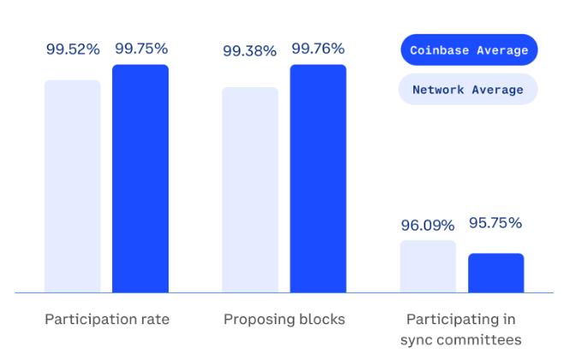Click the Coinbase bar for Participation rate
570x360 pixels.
[x=140, y=179]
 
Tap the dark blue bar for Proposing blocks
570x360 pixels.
[x=318, y=179]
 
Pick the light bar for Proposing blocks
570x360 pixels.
[x=250, y=190]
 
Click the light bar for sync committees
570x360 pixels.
[x=428, y=266]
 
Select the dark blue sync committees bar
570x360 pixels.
[x=496, y=273]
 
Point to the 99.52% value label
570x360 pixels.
[x=73, y=49]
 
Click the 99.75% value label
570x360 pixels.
[x=141, y=49]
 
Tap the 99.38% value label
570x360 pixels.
[x=250, y=51]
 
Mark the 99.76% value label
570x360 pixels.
[x=318, y=49]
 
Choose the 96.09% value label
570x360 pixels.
[x=428, y=226]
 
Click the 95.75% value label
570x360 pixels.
[x=496, y=223]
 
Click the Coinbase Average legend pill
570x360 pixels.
[x=468, y=50]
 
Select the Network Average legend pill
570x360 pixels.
[x=468, y=89]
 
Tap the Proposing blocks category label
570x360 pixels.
[x=284, y=320]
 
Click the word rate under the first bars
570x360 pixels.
[x=154, y=320]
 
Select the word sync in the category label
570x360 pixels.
[x=417, y=339]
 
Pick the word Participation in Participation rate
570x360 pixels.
[x=89, y=320]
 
